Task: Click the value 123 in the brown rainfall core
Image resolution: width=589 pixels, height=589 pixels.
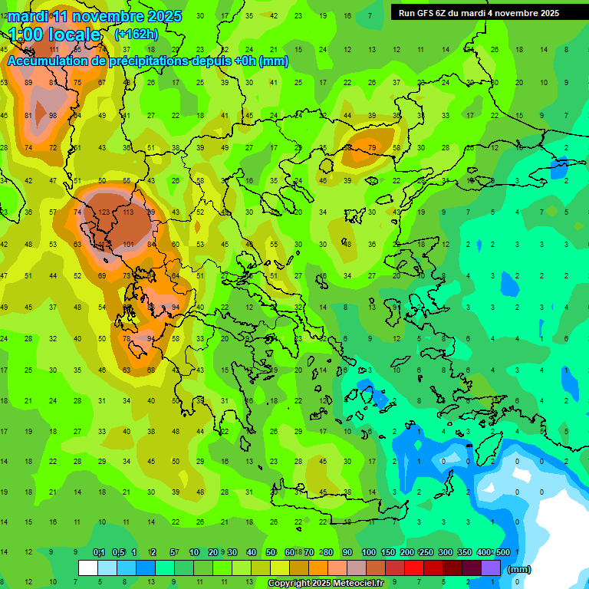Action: click(x=104, y=212)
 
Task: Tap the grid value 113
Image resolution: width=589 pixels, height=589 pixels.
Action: click(x=127, y=212)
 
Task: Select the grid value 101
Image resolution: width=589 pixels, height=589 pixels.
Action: click(x=129, y=245)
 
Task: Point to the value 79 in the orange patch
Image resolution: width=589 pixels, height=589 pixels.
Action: click(x=372, y=147)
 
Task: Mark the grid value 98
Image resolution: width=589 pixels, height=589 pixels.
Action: click(x=53, y=116)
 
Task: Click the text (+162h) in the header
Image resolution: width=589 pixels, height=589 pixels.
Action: click(x=137, y=35)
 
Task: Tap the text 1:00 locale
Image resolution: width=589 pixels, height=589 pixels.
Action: click(x=54, y=35)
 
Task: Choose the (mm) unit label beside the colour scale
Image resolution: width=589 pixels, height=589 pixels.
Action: click(x=519, y=569)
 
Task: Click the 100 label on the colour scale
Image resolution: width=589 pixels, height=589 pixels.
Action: click(x=369, y=553)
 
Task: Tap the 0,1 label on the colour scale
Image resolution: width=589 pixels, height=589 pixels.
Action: click(x=99, y=553)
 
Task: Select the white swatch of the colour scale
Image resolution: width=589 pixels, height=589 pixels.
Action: click(x=88, y=568)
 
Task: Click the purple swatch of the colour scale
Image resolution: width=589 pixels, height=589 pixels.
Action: click(x=491, y=568)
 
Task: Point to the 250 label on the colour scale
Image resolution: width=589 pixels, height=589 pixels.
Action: click(x=426, y=553)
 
